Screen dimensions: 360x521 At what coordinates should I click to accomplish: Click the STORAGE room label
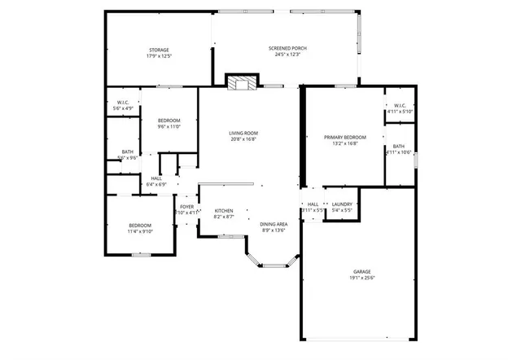point(159,50)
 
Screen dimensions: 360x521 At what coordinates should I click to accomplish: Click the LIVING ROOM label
point(243,133)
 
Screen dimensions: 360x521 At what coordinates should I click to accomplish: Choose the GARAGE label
point(361,271)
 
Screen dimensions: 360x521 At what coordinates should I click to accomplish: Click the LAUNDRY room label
point(342,204)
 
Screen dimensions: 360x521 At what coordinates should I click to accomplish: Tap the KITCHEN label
point(224,210)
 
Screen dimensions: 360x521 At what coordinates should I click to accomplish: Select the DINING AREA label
point(274,224)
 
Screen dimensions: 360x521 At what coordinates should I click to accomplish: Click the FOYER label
point(187,207)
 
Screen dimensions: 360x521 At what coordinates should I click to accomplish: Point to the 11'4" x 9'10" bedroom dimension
point(140,231)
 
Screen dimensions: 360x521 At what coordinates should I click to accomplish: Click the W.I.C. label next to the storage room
point(123,102)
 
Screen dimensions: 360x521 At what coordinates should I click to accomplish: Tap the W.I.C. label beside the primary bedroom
point(400,105)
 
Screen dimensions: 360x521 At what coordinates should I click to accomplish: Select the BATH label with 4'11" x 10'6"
point(398,146)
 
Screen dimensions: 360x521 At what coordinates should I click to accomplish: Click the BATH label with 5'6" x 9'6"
point(128,151)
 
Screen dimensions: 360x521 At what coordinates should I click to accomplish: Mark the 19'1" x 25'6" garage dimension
point(361,278)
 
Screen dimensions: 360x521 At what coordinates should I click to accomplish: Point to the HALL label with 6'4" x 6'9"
point(156,178)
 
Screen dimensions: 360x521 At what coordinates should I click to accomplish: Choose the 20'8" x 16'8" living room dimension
point(243,139)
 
